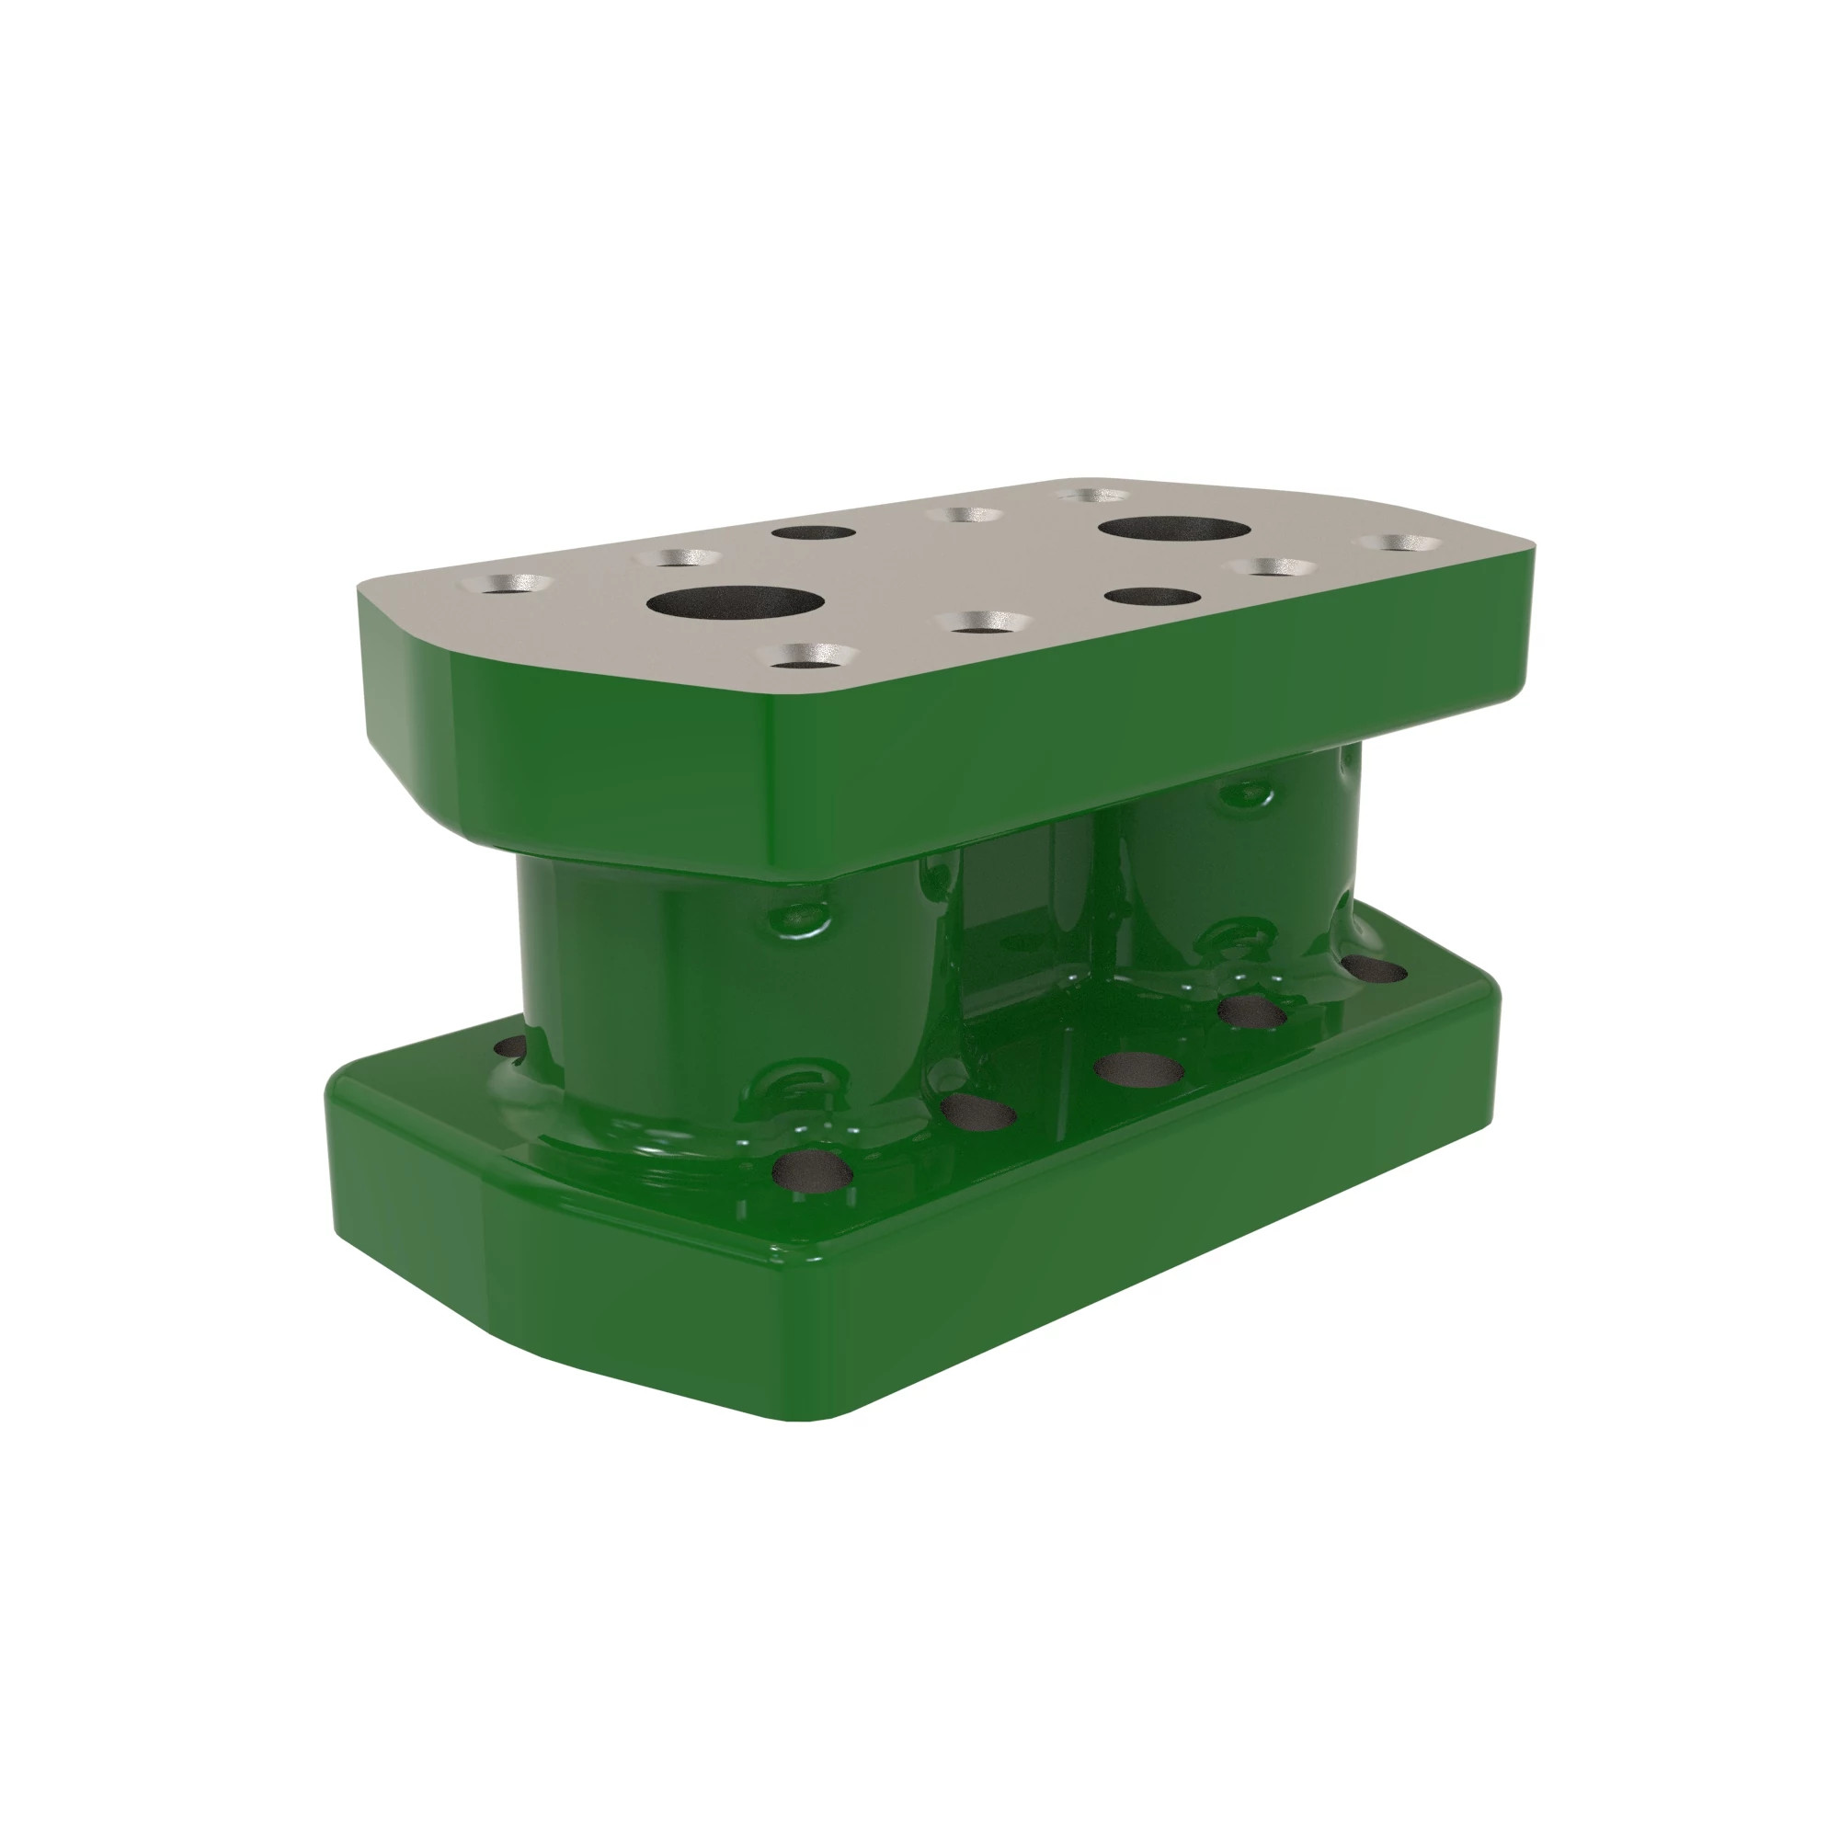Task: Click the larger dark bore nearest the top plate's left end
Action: (735, 603)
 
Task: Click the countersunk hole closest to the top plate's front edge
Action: (810, 656)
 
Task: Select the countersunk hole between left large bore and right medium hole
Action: (984, 623)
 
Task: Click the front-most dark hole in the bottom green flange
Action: (812, 1169)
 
